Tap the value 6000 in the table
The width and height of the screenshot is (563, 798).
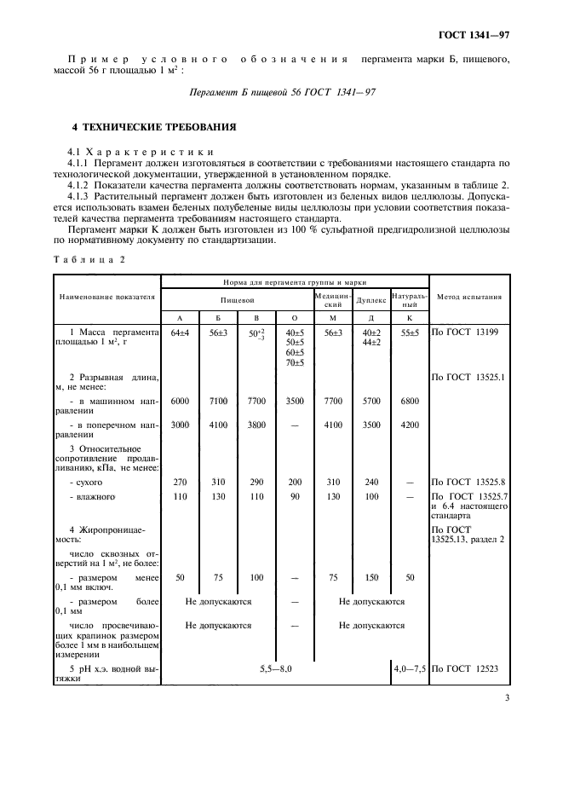point(179,400)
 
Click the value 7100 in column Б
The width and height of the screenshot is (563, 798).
point(217,400)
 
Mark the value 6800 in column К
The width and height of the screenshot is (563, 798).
point(409,400)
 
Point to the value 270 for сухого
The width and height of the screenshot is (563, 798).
point(179,481)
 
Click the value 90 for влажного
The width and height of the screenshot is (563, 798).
point(294,495)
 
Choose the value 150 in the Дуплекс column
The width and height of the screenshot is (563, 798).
point(371,577)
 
